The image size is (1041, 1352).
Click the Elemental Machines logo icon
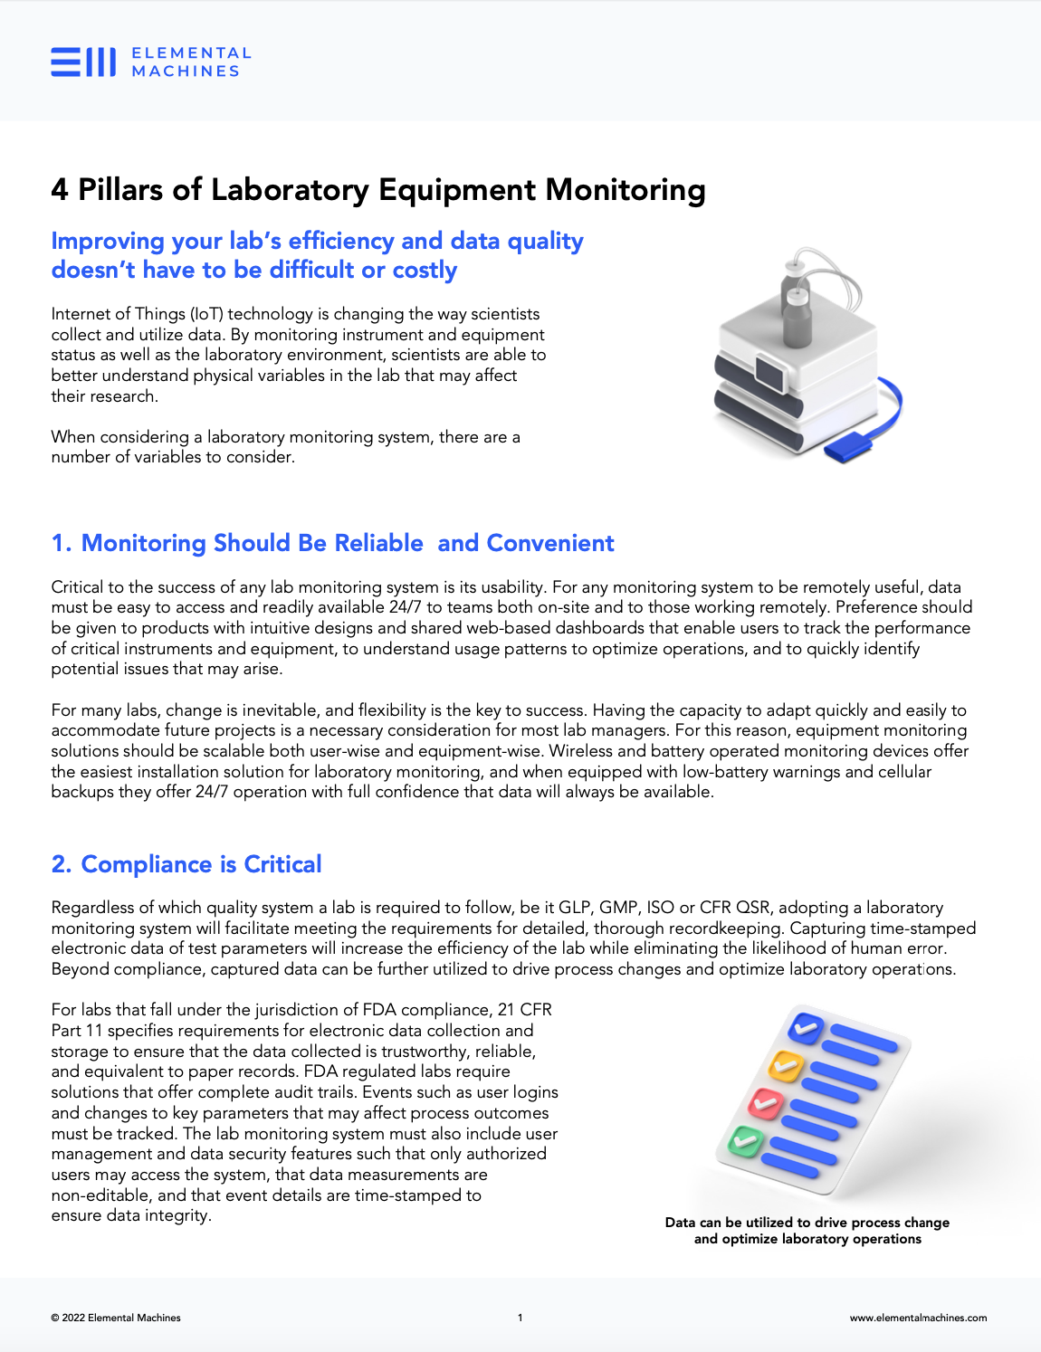[83, 62]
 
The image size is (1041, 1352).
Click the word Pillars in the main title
[120, 190]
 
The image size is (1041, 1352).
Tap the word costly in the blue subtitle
[425, 270]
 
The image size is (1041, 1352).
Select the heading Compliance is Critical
[200, 864]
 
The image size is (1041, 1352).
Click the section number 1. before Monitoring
[61, 543]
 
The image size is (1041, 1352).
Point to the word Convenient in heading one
[549, 543]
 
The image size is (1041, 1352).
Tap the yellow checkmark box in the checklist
[785, 1065]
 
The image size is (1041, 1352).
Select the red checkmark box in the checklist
[766, 1102]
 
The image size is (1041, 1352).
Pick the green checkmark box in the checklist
[746, 1140]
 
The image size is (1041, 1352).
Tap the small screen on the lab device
[771, 372]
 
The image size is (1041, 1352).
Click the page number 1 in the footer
[520, 1318]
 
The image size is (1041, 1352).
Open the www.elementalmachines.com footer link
[918, 1318]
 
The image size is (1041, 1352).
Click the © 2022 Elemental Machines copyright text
[116, 1318]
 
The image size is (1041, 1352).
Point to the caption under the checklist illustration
[807, 1231]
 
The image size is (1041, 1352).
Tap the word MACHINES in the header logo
[186, 71]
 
